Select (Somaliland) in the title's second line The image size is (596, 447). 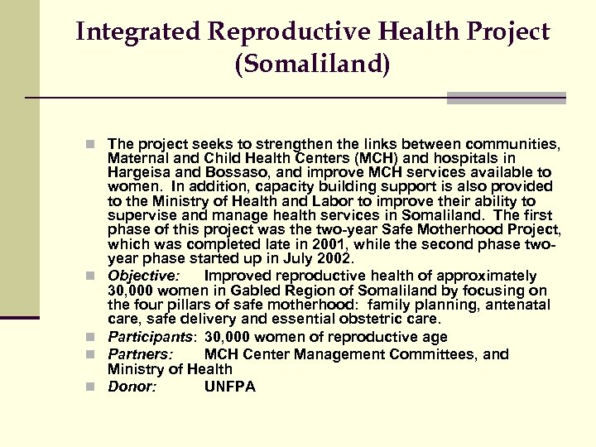pos(312,65)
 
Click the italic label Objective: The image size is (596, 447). pos(143,275)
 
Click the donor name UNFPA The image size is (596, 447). pos(230,387)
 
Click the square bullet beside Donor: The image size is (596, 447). pos(98,387)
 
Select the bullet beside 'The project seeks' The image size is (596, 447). pos(98,144)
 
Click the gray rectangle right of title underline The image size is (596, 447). pos(506,98)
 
